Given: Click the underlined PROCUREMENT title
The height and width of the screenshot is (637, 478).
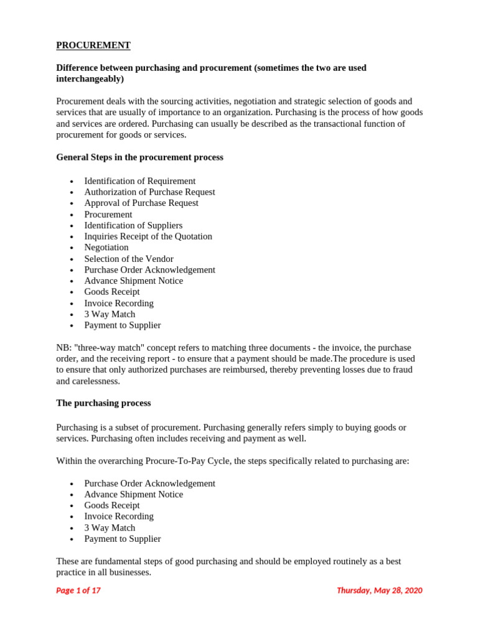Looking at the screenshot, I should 93,45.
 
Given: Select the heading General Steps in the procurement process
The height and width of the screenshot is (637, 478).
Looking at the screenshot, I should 139,157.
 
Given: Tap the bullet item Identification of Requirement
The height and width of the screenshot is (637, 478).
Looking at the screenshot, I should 139,181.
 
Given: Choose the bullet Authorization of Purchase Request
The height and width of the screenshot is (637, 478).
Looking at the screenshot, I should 149,192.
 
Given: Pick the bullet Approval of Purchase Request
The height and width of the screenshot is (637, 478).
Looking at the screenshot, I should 141,203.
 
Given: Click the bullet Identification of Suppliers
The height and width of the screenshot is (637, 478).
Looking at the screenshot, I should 133,225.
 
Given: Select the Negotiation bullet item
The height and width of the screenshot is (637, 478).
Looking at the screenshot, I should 106,248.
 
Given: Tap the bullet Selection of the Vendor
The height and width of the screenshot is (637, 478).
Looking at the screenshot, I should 129,259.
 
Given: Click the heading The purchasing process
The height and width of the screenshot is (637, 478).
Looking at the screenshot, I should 103,403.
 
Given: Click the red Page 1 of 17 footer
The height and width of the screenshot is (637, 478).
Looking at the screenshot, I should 78,590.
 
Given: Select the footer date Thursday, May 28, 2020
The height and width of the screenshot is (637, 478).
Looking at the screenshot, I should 379,590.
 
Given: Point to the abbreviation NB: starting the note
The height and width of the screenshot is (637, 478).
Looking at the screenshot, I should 63,348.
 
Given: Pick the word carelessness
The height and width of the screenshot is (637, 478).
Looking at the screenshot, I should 96,381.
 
